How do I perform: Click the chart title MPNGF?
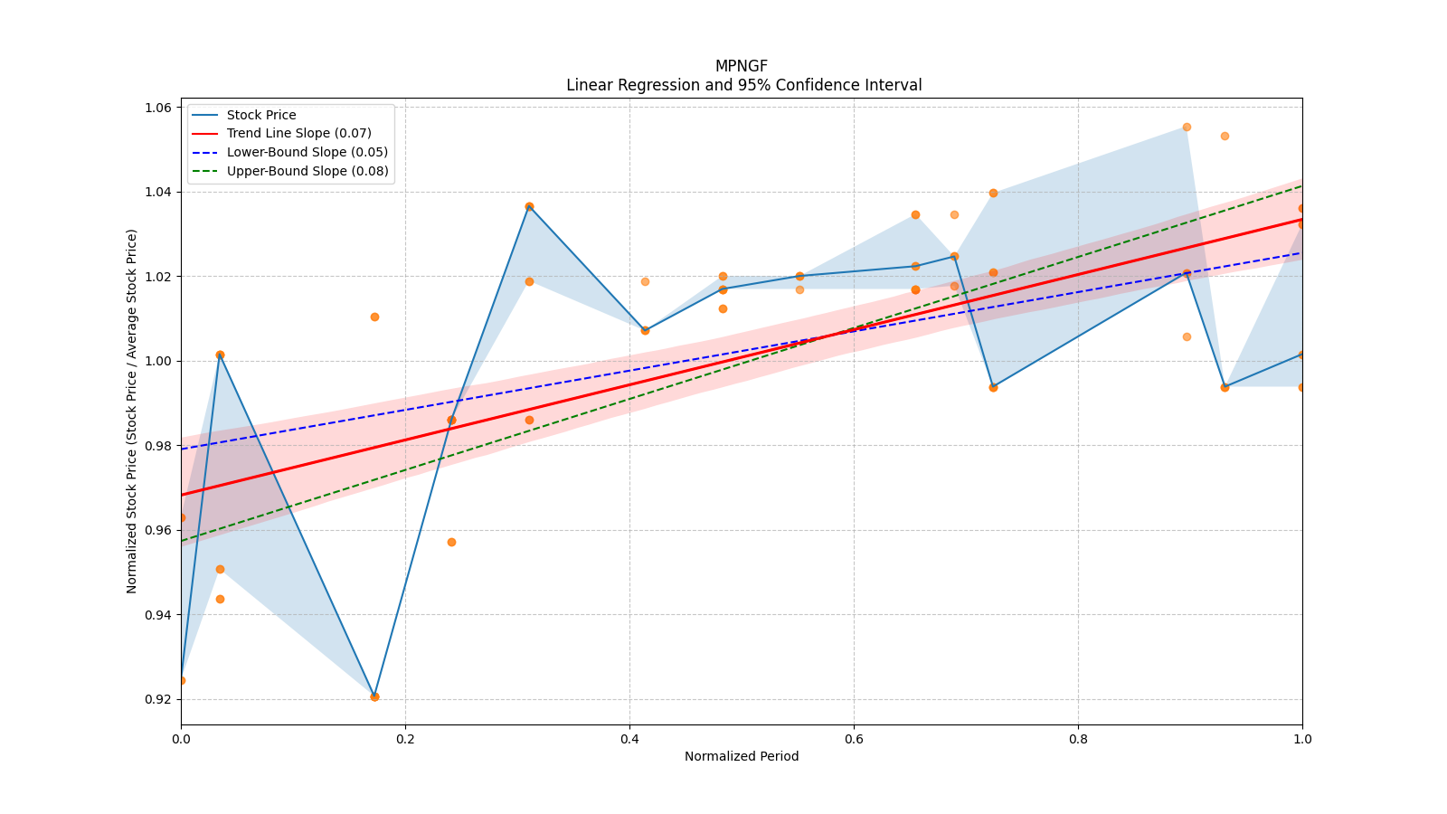click(741, 66)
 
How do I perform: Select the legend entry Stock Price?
click(261, 115)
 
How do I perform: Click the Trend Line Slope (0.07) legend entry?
click(298, 134)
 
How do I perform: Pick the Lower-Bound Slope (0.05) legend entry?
click(307, 153)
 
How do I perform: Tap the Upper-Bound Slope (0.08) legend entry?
click(307, 172)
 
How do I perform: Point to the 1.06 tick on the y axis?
click(159, 108)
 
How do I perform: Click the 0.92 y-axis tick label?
click(159, 699)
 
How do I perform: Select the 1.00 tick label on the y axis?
click(159, 361)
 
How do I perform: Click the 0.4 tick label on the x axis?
click(629, 739)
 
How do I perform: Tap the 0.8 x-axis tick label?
click(1078, 739)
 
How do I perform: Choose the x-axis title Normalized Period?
click(742, 756)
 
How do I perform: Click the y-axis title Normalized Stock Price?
click(132, 411)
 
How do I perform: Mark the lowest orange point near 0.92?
click(374, 696)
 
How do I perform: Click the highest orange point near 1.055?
click(1187, 127)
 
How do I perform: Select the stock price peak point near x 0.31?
click(529, 206)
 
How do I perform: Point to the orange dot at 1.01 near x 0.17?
click(374, 317)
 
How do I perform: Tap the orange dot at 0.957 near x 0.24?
click(451, 542)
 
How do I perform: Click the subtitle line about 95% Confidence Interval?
click(743, 85)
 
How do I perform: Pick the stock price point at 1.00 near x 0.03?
click(220, 355)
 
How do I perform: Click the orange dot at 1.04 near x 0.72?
click(993, 193)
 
